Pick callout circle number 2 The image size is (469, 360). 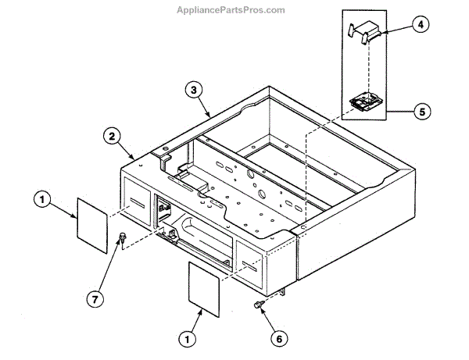pyautogui.click(x=113, y=136)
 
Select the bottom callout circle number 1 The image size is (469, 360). pyautogui.click(x=187, y=339)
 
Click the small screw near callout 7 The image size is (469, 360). pyautogui.click(x=121, y=237)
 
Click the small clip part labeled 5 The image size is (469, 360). pyautogui.click(x=363, y=102)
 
